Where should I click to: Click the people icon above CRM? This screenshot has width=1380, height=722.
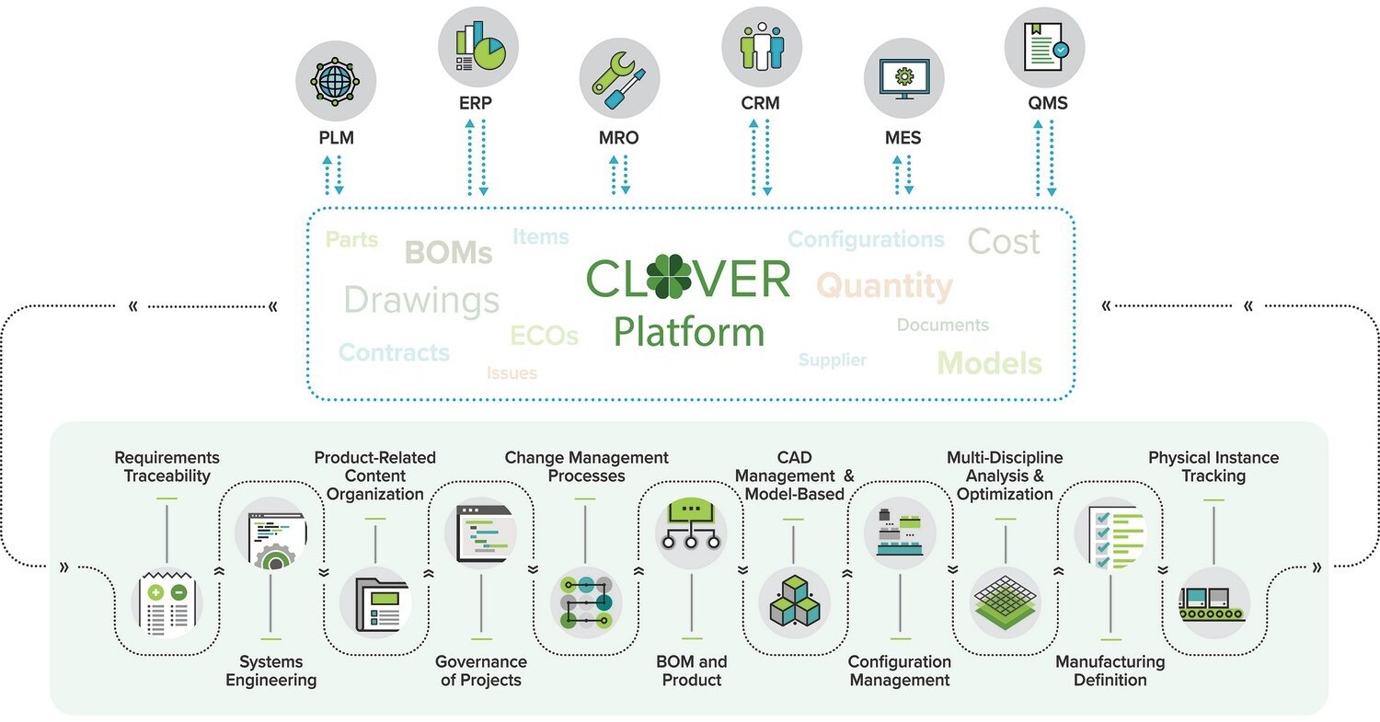(762, 45)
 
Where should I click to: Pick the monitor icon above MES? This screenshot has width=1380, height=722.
(903, 81)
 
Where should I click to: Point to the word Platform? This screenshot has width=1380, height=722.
(689, 332)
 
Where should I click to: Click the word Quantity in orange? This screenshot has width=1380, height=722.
(885, 286)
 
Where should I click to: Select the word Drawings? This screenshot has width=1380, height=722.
(421, 300)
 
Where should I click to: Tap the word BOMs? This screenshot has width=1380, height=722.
(448, 253)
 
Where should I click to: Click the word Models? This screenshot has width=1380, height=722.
(990, 362)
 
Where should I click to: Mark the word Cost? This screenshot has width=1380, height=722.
(1004, 241)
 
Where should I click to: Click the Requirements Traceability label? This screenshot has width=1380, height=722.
(167, 466)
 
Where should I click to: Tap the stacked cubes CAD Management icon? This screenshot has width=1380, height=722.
(794, 603)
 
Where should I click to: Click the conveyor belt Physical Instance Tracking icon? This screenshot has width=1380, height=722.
(1213, 603)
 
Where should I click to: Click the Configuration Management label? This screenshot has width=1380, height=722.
(899, 670)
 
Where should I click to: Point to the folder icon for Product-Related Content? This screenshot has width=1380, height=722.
(375, 603)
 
